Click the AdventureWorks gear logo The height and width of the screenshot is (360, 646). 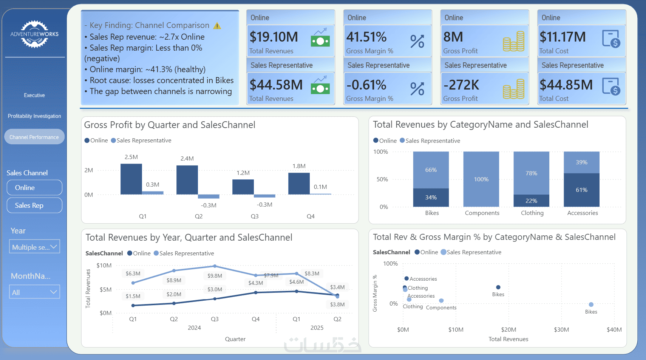click(34, 34)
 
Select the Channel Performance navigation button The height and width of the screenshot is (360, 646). click(34, 137)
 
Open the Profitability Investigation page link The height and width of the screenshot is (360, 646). click(34, 116)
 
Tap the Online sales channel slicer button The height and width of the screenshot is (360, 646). click(34, 187)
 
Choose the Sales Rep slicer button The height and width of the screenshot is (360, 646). click(34, 205)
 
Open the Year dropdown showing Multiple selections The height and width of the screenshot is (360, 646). click(35, 247)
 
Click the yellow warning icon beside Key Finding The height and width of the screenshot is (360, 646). click(217, 26)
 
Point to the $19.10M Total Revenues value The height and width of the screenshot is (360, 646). click(274, 37)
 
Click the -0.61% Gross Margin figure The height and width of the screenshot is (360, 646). click(366, 85)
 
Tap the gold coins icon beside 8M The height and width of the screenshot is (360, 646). click(514, 41)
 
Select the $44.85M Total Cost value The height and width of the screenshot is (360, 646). click(566, 85)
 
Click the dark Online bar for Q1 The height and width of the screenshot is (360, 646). click(131, 179)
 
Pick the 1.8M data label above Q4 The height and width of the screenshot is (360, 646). click(299, 166)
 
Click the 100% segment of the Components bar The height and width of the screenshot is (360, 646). click(481, 179)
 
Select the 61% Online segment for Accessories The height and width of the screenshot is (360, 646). click(582, 190)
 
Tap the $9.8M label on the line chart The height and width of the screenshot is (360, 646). click(215, 276)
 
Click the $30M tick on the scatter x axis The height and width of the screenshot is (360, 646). click(561, 330)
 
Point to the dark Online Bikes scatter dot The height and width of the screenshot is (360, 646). click(498, 287)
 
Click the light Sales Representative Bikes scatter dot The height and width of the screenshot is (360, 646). click(591, 304)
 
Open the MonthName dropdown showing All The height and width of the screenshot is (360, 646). click(35, 292)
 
